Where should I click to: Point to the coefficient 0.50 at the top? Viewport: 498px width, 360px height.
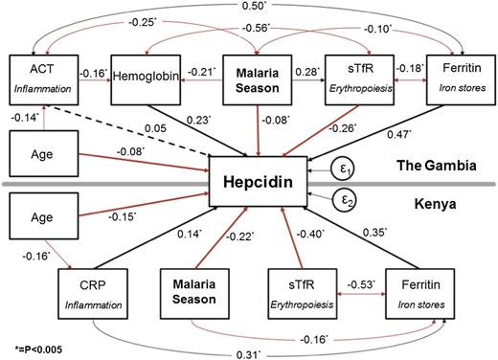(x=258, y=8)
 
